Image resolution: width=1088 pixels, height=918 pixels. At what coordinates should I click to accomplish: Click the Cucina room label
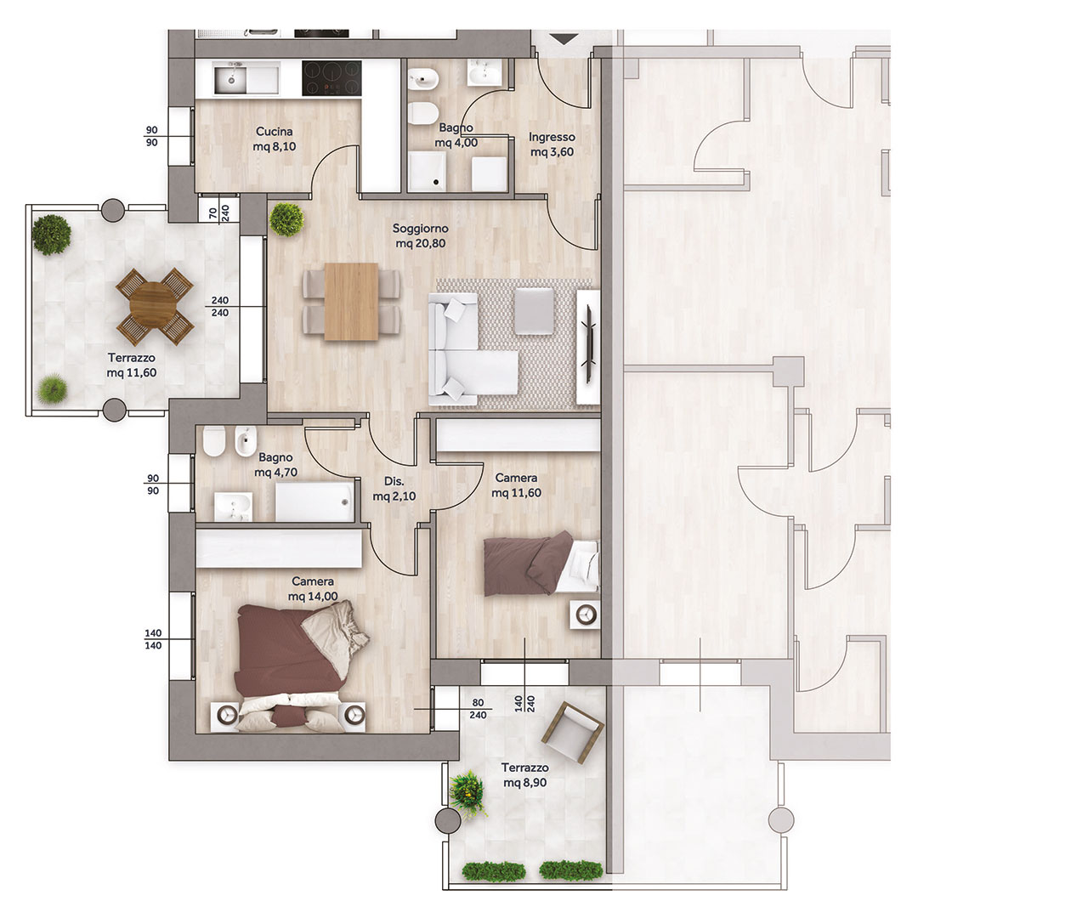click(x=274, y=132)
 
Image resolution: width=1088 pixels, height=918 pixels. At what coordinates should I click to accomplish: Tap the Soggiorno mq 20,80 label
click(x=421, y=236)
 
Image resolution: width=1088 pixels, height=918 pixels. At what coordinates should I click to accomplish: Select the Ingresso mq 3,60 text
click(x=552, y=144)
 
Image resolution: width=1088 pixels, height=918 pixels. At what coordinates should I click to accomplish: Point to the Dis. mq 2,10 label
click(x=394, y=489)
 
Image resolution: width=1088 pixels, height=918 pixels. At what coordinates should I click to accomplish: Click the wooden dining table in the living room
click(x=351, y=302)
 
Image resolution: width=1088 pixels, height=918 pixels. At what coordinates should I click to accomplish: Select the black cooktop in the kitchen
click(x=331, y=79)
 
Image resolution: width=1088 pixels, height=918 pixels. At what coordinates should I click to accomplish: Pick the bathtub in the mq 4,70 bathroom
click(x=314, y=501)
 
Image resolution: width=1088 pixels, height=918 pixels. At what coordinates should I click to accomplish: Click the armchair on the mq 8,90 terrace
click(x=573, y=732)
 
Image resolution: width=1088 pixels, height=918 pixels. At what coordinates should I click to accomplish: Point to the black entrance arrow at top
click(x=565, y=39)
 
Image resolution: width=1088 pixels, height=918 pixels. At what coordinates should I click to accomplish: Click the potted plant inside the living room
click(x=286, y=219)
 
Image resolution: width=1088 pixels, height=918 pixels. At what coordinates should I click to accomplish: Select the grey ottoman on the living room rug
click(x=534, y=311)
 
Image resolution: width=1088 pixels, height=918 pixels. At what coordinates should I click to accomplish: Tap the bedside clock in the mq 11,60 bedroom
click(x=586, y=615)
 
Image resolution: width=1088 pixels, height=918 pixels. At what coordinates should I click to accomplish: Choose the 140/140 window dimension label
click(x=153, y=639)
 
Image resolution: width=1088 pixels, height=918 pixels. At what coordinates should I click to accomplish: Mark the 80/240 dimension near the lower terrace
click(x=478, y=709)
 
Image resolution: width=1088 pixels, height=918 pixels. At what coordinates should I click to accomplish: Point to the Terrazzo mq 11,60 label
click(x=131, y=365)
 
